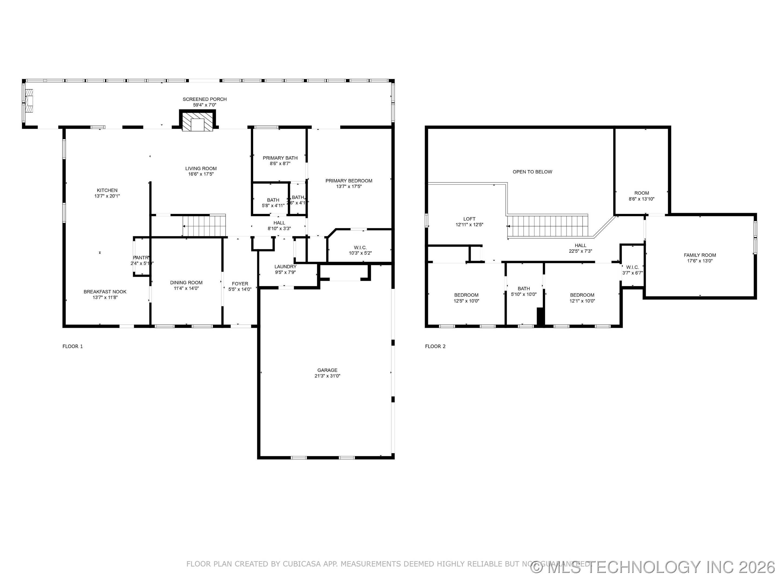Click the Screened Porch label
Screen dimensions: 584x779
204,99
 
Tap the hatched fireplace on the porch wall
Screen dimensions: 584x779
197,121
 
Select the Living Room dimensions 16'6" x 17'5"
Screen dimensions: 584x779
201,174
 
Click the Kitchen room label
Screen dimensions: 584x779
107,190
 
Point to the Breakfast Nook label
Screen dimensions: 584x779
105,292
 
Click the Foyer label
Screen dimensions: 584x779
240,284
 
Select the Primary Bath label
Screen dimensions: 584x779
280,158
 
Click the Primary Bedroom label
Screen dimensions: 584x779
349,181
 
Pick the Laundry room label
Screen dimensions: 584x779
285,267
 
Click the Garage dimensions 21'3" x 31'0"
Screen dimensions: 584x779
327,376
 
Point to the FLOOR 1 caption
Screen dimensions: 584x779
72,346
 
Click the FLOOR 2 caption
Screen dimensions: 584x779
435,346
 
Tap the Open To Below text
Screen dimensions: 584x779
532,172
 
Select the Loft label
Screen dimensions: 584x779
469,219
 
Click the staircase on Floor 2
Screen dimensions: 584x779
548,226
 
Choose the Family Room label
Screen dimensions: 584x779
700,255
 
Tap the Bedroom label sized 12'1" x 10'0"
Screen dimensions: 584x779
582,295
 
